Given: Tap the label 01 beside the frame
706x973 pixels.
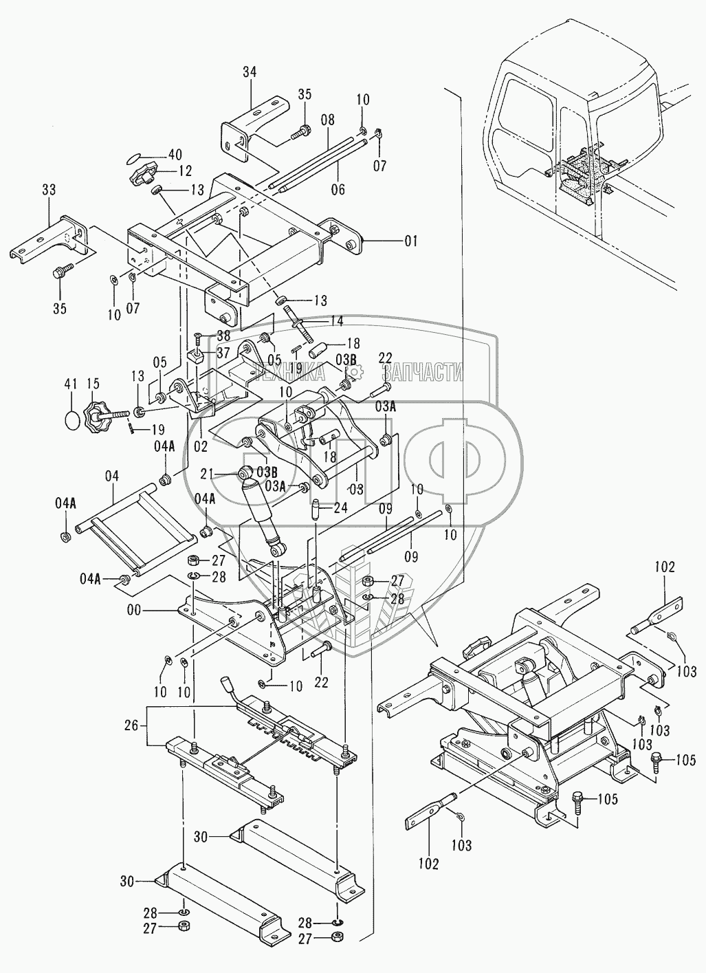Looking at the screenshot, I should (411, 241).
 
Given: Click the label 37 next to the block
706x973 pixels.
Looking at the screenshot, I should (223, 352).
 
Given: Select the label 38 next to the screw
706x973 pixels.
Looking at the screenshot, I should (223, 336).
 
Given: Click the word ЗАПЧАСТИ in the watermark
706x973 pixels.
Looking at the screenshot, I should (421, 372).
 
